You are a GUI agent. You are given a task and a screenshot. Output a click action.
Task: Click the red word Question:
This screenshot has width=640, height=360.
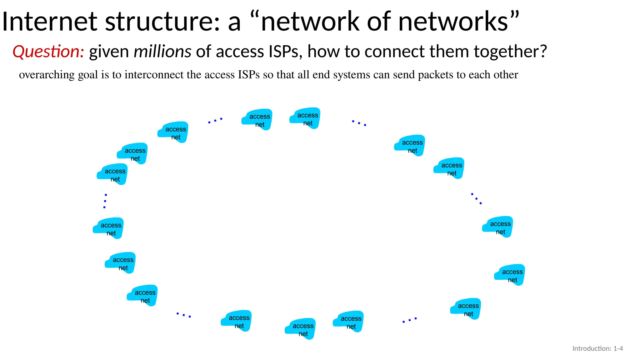tap(48, 52)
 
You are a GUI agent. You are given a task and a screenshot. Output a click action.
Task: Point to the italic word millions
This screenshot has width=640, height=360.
tap(162, 52)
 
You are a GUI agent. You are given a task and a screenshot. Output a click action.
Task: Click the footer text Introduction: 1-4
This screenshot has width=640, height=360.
tap(597, 348)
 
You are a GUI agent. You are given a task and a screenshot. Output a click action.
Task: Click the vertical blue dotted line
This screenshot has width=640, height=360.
tap(105, 201)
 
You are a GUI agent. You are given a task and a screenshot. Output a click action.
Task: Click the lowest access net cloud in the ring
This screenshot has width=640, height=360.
tap(301, 329)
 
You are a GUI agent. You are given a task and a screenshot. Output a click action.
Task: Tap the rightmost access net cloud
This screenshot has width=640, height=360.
tap(510, 275)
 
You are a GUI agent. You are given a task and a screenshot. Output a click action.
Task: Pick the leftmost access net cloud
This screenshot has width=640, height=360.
tap(108, 228)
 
